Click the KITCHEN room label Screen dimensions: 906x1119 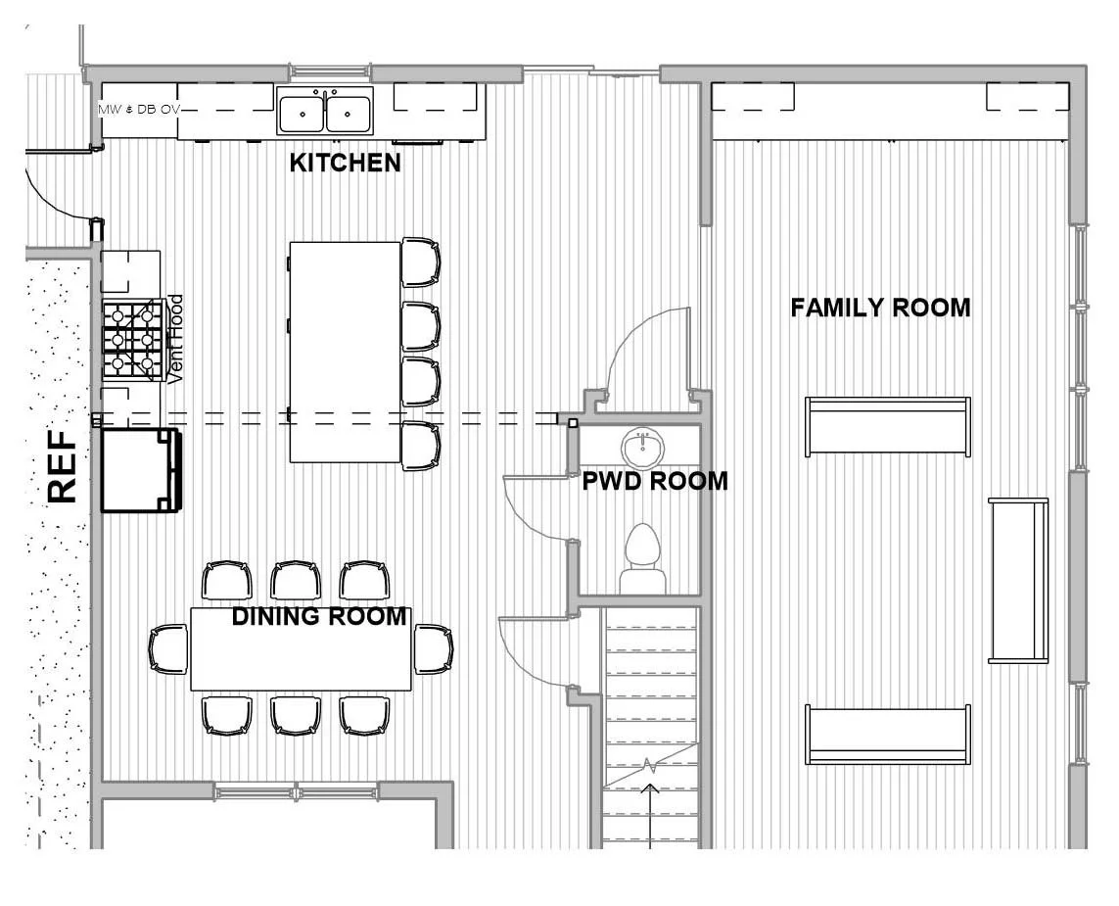(x=345, y=163)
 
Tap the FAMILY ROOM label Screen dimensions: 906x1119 (x=880, y=308)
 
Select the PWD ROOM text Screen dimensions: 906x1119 (x=654, y=481)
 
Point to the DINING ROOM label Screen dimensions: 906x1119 (x=318, y=616)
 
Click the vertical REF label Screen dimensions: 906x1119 (x=63, y=467)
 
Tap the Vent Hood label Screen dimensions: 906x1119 (x=176, y=339)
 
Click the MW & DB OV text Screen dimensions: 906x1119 (x=137, y=109)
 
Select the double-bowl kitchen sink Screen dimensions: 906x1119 (x=324, y=110)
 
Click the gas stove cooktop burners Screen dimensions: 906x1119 (x=132, y=340)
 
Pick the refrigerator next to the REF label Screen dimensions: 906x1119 (x=140, y=470)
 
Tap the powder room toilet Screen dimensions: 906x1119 (x=642, y=559)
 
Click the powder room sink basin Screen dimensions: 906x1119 (x=643, y=448)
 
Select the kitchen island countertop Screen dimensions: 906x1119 (x=345, y=352)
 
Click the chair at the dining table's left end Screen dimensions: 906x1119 (x=168, y=648)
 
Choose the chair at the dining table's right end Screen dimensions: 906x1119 (x=433, y=648)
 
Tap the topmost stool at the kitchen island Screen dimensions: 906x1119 (x=421, y=262)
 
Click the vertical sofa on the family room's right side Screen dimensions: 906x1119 (x=1018, y=581)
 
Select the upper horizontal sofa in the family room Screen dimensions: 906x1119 (x=887, y=426)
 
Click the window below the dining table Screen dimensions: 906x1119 (x=296, y=791)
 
